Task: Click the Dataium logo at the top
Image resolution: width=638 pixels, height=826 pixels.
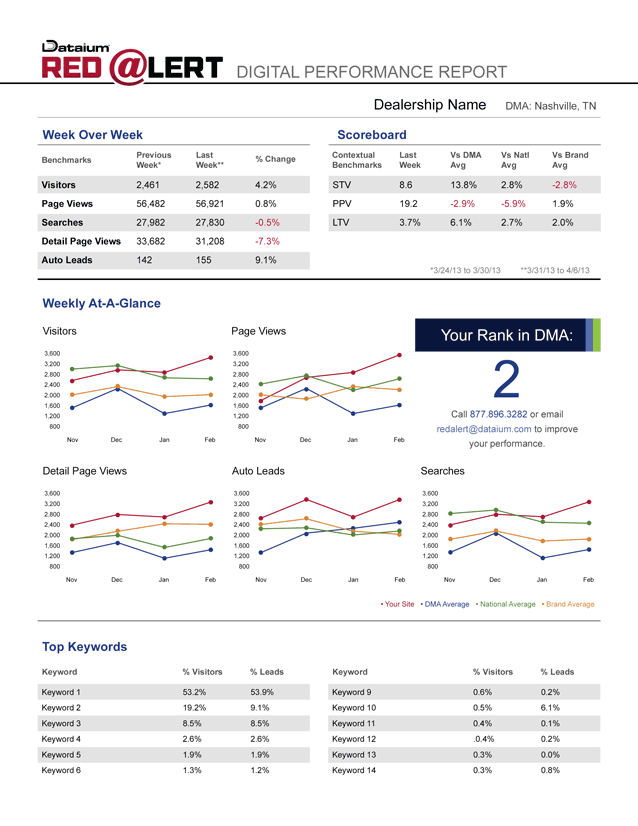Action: pyautogui.click(x=69, y=46)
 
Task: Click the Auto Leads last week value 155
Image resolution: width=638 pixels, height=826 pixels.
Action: pyautogui.click(x=205, y=260)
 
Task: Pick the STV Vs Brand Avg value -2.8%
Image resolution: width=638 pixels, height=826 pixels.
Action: pyautogui.click(x=564, y=185)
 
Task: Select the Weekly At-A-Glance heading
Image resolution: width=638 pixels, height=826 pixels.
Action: pyautogui.click(x=101, y=303)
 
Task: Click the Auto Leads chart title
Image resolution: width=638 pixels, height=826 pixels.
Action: pyautogui.click(x=257, y=469)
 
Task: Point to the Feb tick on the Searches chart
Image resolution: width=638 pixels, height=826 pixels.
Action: pyautogui.click(x=588, y=580)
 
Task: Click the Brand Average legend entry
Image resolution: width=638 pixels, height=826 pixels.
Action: pyautogui.click(x=568, y=604)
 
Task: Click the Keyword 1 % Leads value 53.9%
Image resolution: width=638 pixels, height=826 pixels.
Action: pyautogui.click(x=262, y=692)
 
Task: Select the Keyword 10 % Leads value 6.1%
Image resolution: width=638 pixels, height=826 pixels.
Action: pyautogui.click(x=550, y=708)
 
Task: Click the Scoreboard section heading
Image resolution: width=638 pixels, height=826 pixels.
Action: pyautogui.click(x=372, y=134)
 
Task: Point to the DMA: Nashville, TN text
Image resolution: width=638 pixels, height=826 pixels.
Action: pyautogui.click(x=550, y=106)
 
